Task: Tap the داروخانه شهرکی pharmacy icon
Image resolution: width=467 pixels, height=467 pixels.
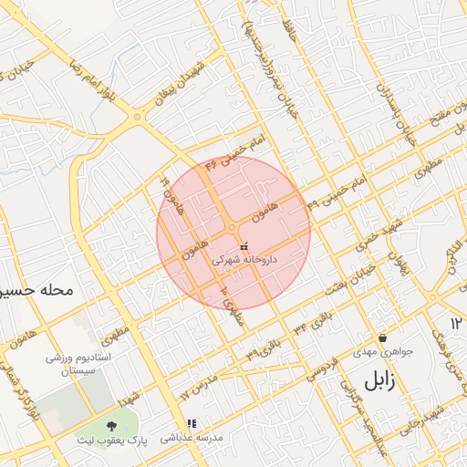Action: (243, 246)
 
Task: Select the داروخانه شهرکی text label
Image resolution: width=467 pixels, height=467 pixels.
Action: (244, 260)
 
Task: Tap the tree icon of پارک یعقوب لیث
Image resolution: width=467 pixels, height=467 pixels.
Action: (111, 426)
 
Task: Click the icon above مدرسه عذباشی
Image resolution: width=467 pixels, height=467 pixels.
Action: (192, 424)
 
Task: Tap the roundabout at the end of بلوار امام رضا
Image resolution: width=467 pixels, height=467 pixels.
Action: (137, 116)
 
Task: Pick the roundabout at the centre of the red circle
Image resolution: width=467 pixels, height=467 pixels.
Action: (233, 227)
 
